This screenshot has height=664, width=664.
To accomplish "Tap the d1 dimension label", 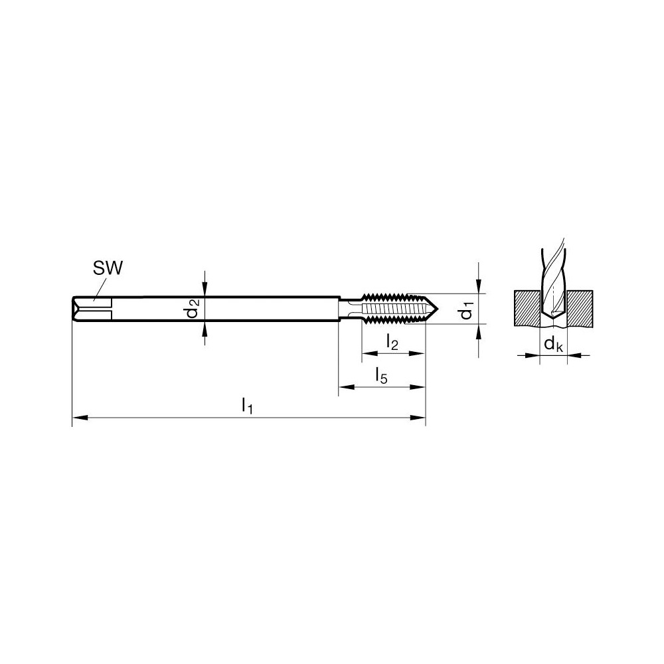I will [x=468, y=309].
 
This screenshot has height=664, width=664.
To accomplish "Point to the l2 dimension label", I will [x=392, y=343].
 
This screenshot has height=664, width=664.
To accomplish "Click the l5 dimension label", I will [x=381, y=376].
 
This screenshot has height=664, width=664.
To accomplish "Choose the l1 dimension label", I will [x=247, y=404].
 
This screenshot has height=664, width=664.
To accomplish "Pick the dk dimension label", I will [x=553, y=344].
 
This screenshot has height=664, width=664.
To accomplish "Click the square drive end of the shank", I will [x=83, y=309].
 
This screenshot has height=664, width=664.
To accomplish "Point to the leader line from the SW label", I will [x=100, y=289].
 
